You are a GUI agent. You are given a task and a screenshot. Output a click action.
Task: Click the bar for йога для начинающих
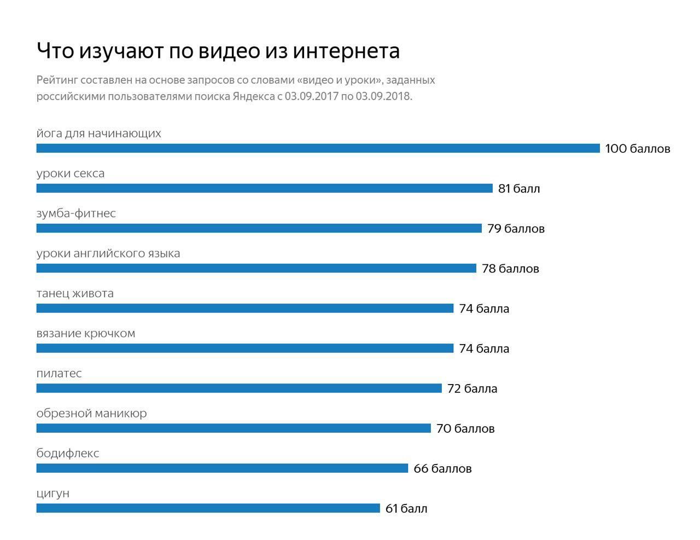tap(318, 148)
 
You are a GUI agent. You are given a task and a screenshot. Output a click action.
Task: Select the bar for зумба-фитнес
tap(259, 228)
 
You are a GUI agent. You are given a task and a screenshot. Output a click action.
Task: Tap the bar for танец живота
tap(245, 309)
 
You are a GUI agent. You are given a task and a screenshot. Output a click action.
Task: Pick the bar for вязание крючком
tap(245, 349)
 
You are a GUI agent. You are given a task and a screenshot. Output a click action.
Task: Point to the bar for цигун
tap(208, 508)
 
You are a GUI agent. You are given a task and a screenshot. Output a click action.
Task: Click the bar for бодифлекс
tap(222, 468)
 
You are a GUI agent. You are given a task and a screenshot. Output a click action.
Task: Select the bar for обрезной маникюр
tap(234, 428)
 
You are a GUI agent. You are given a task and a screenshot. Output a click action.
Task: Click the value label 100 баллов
tap(637, 149)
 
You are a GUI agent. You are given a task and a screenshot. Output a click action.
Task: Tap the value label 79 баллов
tap(516, 229)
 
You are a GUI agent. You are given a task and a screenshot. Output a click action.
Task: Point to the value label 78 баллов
tap(510, 269)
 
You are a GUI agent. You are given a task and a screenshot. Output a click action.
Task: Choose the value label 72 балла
tap(472, 389)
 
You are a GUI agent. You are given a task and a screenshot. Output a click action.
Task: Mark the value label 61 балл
tap(406, 509)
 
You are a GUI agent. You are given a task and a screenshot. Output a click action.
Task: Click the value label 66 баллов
tap(442, 469)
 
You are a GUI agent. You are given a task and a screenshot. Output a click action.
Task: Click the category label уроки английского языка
tap(108, 254)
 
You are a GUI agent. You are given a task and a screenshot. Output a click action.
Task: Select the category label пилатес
tap(59, 374)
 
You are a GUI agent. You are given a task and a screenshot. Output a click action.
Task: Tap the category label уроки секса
tap(71, 173)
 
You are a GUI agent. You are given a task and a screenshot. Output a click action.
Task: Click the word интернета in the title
tap(346, 50)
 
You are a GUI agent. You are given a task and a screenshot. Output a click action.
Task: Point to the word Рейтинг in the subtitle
tap(56, 80)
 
